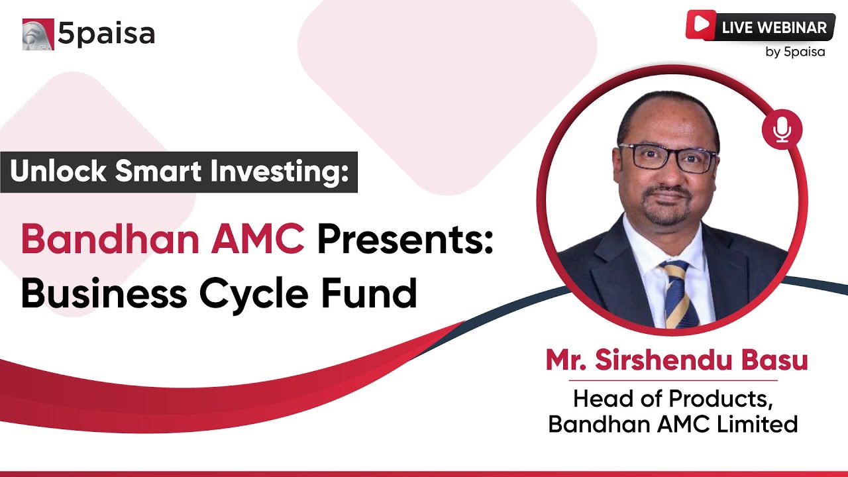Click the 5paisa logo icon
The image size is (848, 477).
(38, 34)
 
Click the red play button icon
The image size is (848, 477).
(700, 25)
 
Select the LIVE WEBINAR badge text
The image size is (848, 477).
(774, 28)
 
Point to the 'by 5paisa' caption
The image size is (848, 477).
(795, 52)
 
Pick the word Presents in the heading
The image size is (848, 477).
(405, 240)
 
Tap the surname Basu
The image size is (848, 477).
(778, 361)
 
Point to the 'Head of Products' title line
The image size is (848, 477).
(672, 399)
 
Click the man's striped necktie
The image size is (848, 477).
(677, 295)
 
